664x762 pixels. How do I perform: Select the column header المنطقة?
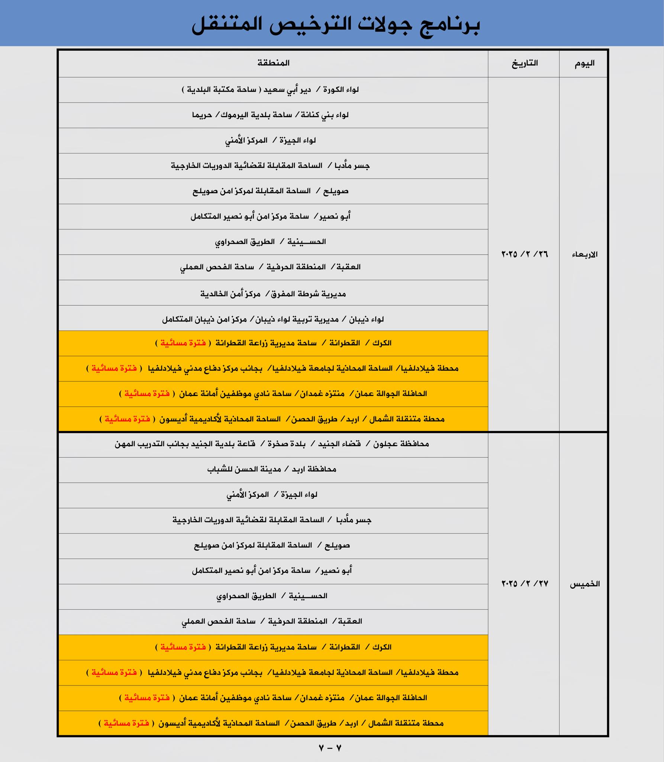273,63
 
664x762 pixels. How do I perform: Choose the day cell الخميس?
585,584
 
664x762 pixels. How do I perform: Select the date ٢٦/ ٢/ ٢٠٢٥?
525,254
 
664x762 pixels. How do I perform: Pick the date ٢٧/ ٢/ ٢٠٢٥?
525,584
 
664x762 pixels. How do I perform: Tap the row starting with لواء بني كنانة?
270,115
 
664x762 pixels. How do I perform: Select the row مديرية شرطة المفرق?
273,294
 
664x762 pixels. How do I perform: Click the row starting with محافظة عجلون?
272,444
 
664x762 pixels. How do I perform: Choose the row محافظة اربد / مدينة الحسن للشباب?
272,469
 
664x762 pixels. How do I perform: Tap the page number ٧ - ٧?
330,748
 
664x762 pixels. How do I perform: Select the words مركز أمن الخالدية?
231,294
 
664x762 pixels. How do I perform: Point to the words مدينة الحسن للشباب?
244,469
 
